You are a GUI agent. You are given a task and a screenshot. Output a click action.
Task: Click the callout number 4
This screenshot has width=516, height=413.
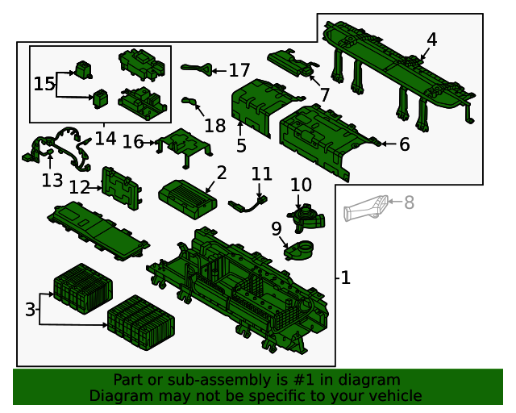click(x=432, y=40)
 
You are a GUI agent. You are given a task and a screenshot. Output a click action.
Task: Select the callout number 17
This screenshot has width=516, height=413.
click(x=239, y=71)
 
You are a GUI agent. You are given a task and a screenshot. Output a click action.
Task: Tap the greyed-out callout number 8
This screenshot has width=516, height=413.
click(x=409, y=203)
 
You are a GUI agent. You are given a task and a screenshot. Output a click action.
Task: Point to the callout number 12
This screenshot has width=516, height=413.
click(x=79, y=188)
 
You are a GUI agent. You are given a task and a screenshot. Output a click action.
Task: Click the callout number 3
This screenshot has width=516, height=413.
click(x=30, y=309)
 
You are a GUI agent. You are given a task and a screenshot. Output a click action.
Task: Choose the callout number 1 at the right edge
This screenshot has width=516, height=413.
click(x=345, y=278)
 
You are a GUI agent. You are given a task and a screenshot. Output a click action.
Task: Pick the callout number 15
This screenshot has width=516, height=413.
click(x=44, y=83)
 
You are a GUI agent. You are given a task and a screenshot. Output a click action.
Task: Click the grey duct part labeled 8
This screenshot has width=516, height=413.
click(x=367, y=208)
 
